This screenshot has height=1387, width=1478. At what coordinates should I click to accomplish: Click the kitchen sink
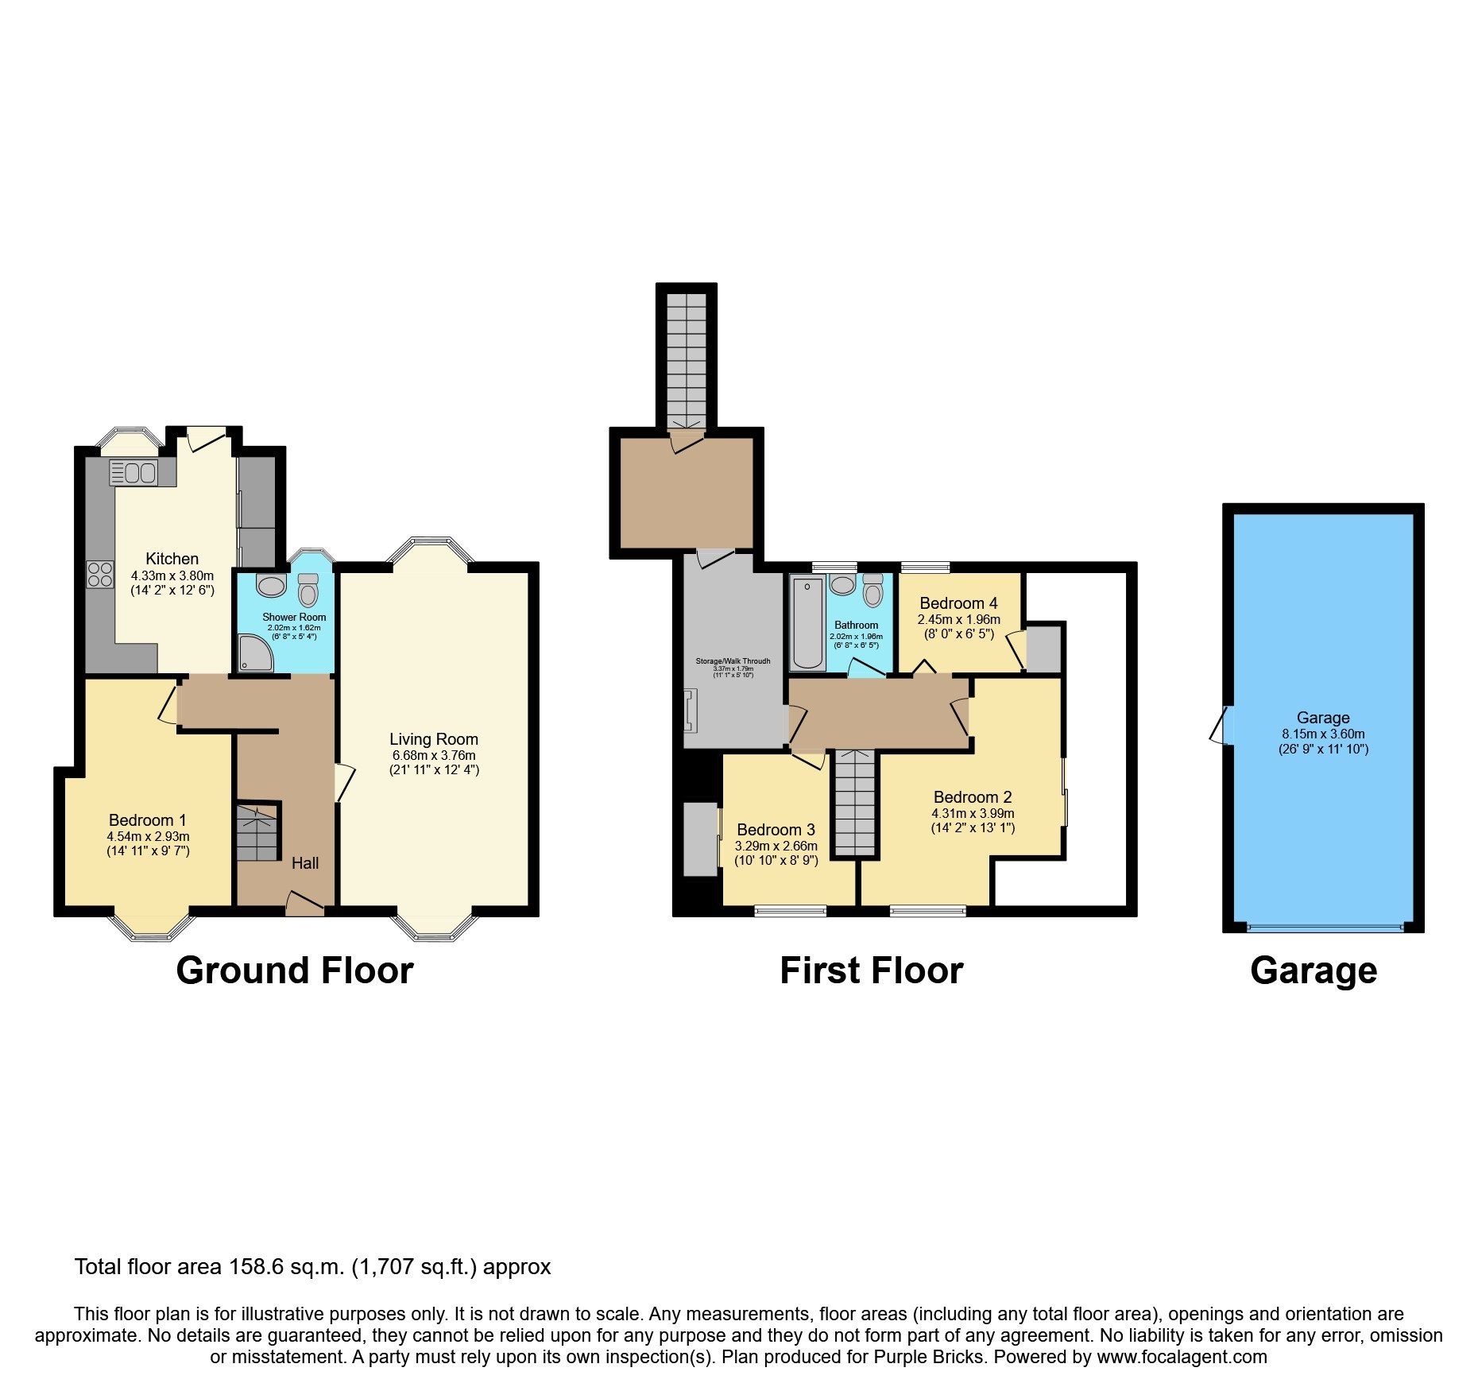click(134, 472)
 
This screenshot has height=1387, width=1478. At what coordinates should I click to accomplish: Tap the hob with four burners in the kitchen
click(100, 574)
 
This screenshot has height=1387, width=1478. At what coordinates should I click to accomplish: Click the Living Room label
click(434, 739)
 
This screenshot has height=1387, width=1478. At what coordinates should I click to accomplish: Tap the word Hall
click(305, 862)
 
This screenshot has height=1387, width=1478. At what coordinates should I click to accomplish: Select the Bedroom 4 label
click(958, 603)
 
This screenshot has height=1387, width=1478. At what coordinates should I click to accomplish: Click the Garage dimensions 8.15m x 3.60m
click(1323, 734)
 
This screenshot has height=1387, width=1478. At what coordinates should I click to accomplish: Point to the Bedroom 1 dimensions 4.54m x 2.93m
click(148, 836)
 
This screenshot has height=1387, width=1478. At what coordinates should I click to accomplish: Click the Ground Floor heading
click(295, 971)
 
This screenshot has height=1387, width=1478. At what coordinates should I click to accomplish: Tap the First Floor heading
click(871, 971)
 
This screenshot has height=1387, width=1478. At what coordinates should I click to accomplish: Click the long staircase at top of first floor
click(686, 358)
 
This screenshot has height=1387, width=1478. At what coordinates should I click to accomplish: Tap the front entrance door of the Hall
click(304, 905)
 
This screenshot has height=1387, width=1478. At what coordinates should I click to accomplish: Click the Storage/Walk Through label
click(733, 661)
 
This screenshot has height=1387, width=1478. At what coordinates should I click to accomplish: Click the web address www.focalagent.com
click(1182, 1357)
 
